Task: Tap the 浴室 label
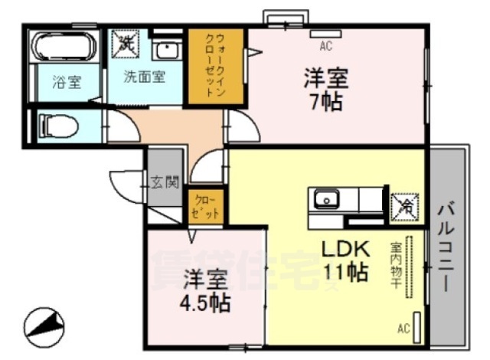pyautogui.click(x=66, y=83)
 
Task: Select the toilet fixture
pyautogui.click(x=59, y=126)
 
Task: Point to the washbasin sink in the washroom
pyautogui.click(x=166, y=51)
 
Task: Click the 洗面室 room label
pyautogui.click(x=144, y=77)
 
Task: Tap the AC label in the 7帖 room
pyautogui.click(x=325, y=47)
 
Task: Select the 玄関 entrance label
pyautogui.click(x=165, y=183)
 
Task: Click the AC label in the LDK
pyautogui.click(x=403, y=329)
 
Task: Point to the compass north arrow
pyautogui.click(x=44, y=324)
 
